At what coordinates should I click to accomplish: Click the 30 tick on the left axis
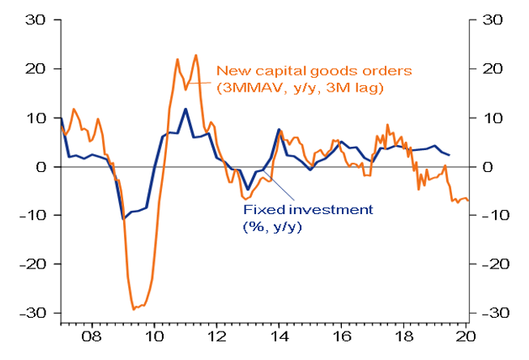click(39, 20)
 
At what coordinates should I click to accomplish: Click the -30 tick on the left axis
click(36, 313)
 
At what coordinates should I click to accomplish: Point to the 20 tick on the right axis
click(491, 69)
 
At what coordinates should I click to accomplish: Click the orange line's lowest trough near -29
click(134, 309)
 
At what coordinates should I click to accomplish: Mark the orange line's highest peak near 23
click(195, 55)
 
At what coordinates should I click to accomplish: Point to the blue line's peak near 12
click(186, 109)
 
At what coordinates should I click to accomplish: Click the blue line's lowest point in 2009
click(123, 218)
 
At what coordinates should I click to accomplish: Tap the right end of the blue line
click(450, 155)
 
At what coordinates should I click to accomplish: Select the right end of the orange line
click(468, 200)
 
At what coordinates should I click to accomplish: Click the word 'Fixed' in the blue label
click(260, 210)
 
